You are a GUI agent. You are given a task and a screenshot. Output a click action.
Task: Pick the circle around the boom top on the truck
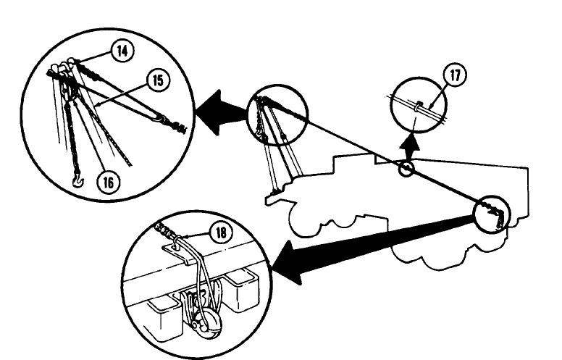(x=277, y=118)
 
